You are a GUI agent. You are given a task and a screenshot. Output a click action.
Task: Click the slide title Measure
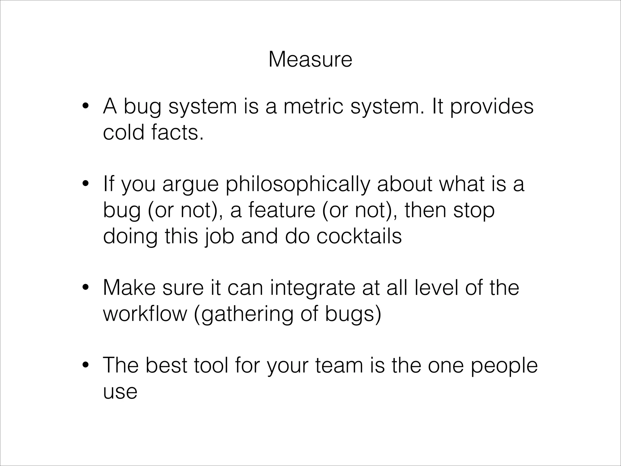point(310,59)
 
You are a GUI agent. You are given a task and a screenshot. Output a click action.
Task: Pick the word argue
point(190,185)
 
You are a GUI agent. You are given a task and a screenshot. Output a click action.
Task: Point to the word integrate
point(313,288)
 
